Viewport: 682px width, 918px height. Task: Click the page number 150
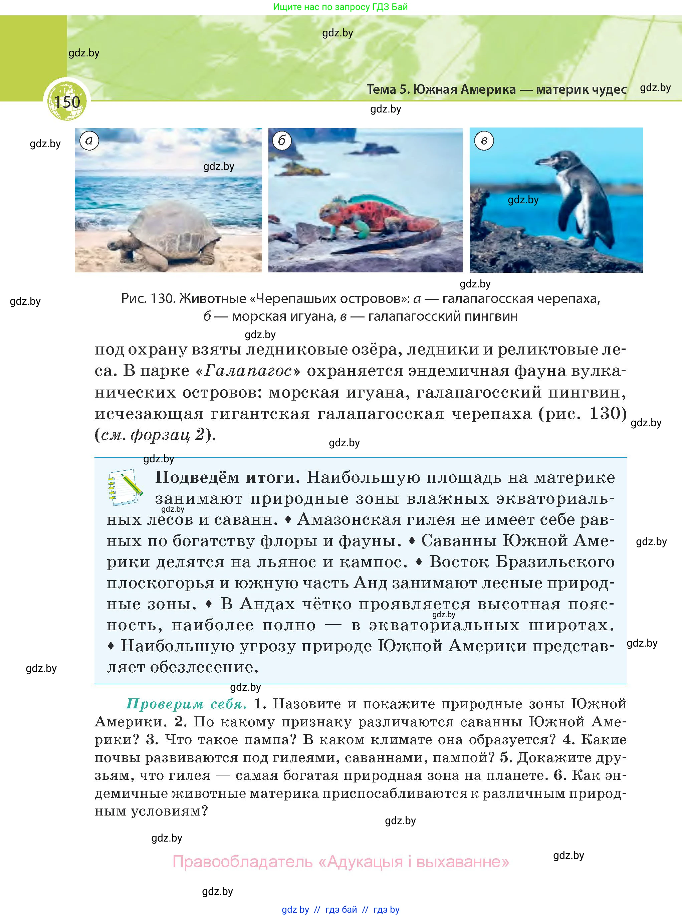click(67, 102)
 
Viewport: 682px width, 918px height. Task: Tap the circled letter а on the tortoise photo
click(89, 141)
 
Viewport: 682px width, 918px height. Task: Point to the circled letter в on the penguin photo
click(484, 141)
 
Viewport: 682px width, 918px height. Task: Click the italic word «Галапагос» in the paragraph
click(248, 371)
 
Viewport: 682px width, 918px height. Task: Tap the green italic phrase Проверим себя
click(187, 703)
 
